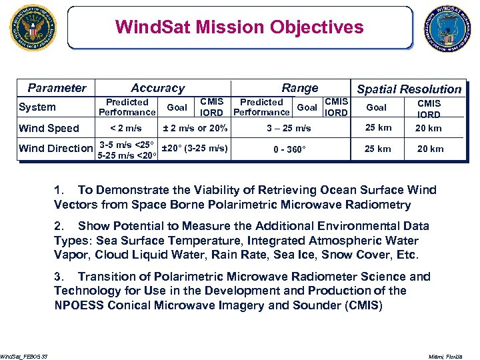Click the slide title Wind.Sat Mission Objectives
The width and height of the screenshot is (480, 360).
point(239,27)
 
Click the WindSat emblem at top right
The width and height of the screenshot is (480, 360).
point(448,28)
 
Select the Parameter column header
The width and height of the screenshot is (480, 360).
point(57,88)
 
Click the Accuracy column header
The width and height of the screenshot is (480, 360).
point(157,88)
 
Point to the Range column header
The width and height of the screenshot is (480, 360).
point(299,88)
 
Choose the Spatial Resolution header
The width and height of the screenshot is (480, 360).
point(409,89)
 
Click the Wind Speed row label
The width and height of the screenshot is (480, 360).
point(49,128)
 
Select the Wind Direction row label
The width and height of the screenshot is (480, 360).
point(56,148)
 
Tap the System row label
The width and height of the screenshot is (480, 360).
point(37,107)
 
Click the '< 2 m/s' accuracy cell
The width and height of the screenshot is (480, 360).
point(126,128)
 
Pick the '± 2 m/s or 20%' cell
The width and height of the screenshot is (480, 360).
point(196,128)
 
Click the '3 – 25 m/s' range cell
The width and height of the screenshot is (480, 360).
point(289,128)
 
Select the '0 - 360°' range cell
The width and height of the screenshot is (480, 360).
point(289,149)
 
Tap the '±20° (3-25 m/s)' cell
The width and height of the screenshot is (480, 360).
point(195,148)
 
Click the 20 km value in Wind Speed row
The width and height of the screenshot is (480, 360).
point(429,128)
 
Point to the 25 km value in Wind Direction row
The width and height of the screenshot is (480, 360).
point(377,149)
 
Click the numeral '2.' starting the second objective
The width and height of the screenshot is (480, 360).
point(59,226)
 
